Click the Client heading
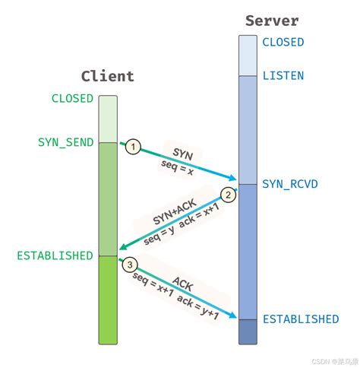pos(107,76)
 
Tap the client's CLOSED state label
pos(72,99)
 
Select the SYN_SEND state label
pos(65,142)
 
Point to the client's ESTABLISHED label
pos(54,255)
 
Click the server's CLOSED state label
pos(283,43)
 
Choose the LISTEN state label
pos(283,75)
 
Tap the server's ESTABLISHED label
pos(301,319)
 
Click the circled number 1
pos(133,147)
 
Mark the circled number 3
pos(131,265)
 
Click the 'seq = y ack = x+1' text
pos(180,223)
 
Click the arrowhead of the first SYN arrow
pos(234,180)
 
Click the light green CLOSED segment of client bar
pos(108,118)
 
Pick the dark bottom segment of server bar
pos(248,332)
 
